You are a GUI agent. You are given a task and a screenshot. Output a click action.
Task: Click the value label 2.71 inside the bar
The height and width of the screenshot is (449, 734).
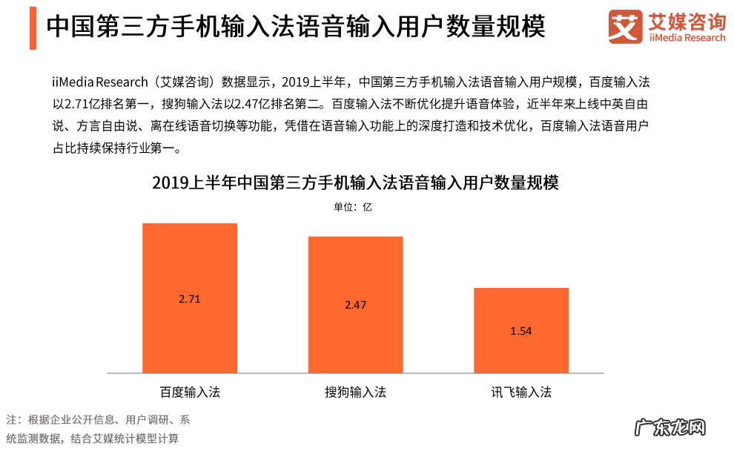[x=190, y=299]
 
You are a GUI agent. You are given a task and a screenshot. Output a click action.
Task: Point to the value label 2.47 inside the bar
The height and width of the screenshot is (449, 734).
[x=356, y=305]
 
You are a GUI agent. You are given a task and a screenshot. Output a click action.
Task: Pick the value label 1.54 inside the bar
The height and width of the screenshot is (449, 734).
[x=521, y=331]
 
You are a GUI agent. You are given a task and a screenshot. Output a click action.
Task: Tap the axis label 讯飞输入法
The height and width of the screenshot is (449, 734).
[x=521, y=392]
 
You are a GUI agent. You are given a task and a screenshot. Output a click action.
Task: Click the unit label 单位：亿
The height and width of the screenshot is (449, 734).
[x=352, y=207]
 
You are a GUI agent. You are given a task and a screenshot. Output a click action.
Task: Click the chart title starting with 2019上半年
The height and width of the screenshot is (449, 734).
[x=355, y=183]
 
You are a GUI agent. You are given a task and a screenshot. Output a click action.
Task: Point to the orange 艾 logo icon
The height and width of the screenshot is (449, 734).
[x=625, y=27]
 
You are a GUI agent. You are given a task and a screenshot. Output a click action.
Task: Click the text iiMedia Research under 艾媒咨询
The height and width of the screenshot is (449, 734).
[x=687, y=39]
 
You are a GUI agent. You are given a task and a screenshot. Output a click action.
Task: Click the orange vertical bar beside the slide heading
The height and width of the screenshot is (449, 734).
[x=33, y=27]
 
